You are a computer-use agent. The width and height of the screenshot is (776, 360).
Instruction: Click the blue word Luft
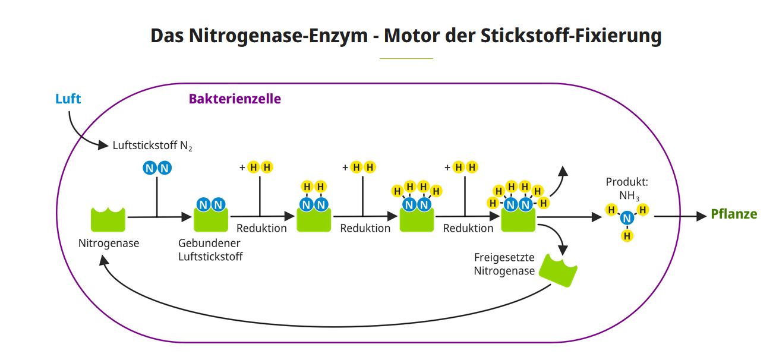click(x=68, y=99)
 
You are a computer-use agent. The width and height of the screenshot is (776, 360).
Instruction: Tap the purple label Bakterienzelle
click(x=235, y=99)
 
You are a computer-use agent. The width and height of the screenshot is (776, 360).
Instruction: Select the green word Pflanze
click(x=734, y=214)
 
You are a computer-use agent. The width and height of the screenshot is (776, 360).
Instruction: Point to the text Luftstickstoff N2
click(x=153, y=145)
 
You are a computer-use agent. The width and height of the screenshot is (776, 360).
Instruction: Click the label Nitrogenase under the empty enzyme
click(x=109, y=243)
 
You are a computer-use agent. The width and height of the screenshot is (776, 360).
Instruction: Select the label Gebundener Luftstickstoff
click(x=210, y=250)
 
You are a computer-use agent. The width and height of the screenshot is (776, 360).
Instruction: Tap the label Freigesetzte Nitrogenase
click(x=504, y=264)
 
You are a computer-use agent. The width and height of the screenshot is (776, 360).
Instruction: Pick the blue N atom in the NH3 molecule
click(x=627, y=219)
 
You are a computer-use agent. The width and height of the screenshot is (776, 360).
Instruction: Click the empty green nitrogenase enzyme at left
click(x=108, y=219)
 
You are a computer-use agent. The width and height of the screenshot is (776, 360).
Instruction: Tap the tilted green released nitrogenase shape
click(x=562, y=271)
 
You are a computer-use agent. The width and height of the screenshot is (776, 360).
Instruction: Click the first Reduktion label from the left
click(x=261, y=228)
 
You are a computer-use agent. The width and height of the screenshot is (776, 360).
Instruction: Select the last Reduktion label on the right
click(x=468, y=228)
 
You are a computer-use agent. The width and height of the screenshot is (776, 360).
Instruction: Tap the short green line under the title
click(x=406, y=58)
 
